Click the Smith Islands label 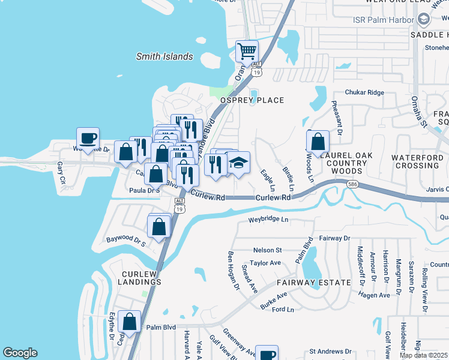click(x=164, y=57)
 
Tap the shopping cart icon click(x=247, y=52)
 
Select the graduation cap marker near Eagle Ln click(x=238, y=163)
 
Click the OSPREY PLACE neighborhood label click(x=252, y=100)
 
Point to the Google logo click(x=20, y=353)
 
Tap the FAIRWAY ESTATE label click(x=314, y=282)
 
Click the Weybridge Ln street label click(x=269, y=220)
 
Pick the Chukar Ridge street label click(x=364, y=92)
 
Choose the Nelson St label click(x=268, y=250)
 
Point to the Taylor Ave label click(x=265, y=263)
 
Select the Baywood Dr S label click(x=126, y=241)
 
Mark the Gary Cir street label click(x=61, y=172)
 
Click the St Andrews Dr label click(x=330, y=351)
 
